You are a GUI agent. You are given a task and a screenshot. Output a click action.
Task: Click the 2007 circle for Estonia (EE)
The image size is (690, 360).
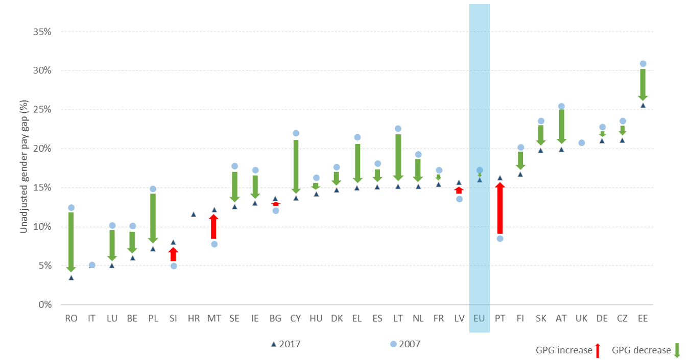coord(643,64)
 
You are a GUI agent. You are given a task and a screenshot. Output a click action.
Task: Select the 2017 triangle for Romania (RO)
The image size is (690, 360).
coord(71,278)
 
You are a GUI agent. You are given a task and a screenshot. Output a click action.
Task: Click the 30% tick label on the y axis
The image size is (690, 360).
coord(41,70)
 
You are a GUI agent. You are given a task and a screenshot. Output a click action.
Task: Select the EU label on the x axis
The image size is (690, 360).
coord(480,318)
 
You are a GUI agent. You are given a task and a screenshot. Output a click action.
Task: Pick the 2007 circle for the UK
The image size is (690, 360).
coord(582,142)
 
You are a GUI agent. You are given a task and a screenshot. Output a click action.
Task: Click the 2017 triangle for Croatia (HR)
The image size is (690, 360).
coord(194,214)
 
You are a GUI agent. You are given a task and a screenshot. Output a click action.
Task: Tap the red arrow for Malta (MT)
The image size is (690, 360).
coord(214,227)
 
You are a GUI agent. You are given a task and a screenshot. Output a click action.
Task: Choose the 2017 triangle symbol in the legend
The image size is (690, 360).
coord(274,344)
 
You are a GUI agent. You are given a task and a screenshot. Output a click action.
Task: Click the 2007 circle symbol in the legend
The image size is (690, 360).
coord(393,344)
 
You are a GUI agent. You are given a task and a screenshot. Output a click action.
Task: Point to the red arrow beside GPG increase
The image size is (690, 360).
coord(598,350)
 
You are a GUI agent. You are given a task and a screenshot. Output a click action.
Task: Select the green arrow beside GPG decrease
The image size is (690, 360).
coord(677,350)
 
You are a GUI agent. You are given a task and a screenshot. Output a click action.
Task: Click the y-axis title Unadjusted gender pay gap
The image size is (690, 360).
coord(23,167)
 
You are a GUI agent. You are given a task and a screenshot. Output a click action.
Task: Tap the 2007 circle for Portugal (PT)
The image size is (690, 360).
coord(500,238)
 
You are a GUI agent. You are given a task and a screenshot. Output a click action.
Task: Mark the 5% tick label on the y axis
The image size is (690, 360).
coord(43,266)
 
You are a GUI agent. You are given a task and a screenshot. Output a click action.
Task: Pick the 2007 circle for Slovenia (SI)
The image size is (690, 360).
coord(173,266)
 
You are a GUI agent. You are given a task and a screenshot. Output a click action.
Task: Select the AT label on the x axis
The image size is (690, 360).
coord(561,318)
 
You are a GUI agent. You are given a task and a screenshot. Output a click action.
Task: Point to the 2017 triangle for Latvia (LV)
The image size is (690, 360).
coord(459,182)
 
